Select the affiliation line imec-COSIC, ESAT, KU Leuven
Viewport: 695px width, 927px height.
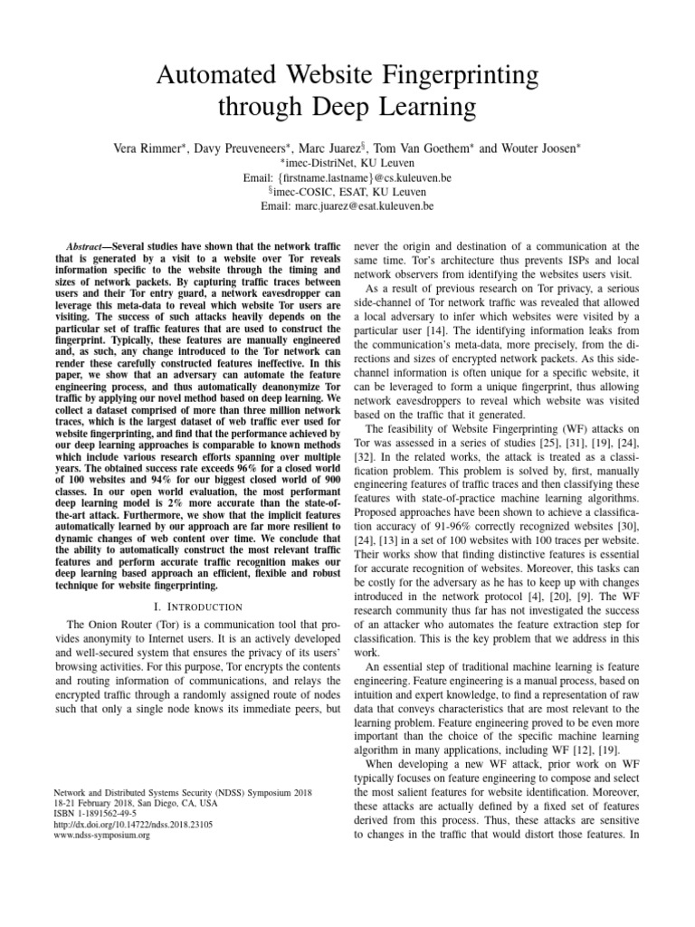click(348, 192)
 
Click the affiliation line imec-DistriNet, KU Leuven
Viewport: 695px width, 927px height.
click(348, 163)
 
